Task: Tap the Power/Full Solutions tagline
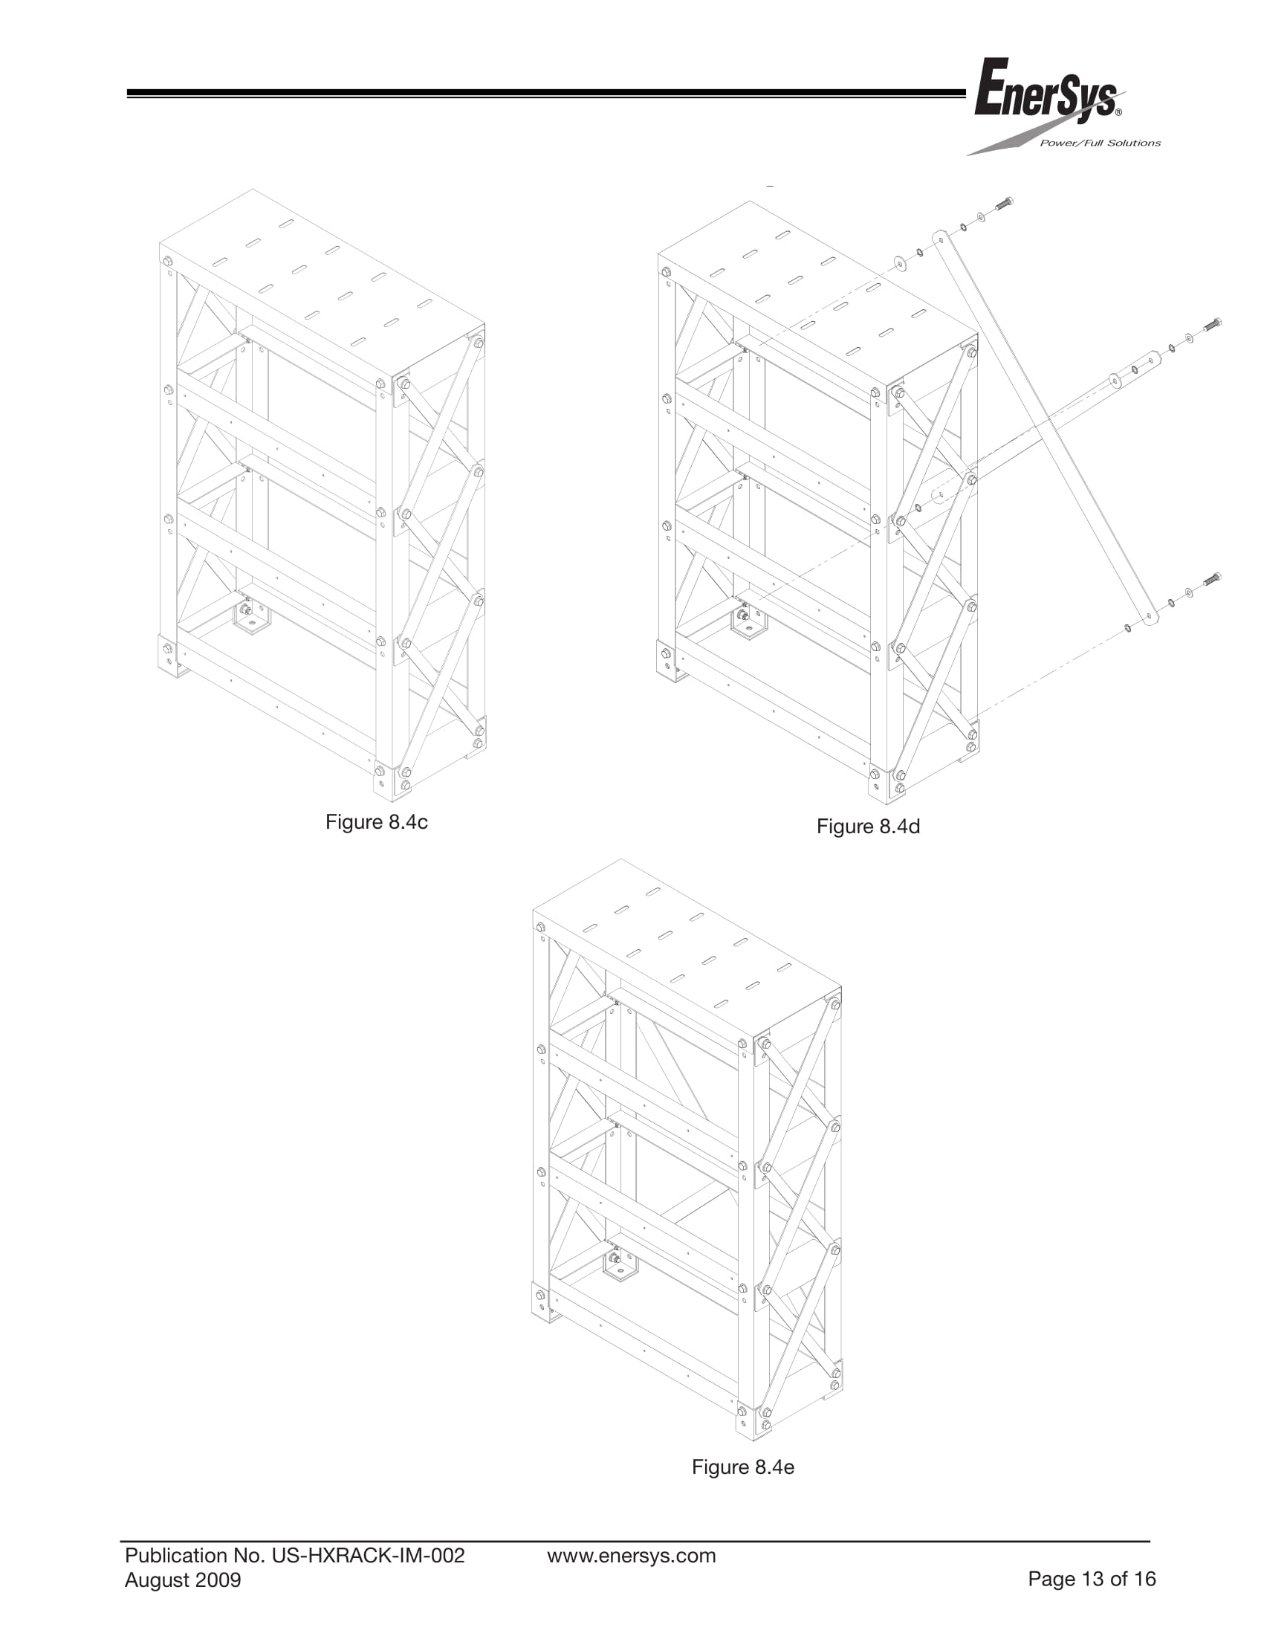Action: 1100,143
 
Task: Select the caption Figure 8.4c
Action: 377,822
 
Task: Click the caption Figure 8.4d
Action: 868,827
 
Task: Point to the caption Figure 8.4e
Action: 743,1466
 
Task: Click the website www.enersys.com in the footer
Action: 631,1556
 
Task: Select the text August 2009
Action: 183,1580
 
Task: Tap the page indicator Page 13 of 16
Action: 1092,1579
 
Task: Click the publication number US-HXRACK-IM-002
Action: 368,1556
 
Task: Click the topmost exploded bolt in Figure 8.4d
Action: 1004,203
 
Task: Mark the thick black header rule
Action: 547,94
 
